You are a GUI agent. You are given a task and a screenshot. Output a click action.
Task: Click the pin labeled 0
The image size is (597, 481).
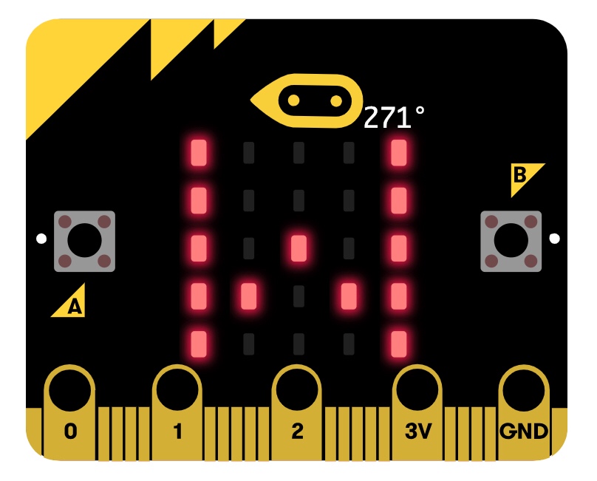(x=70, y=414)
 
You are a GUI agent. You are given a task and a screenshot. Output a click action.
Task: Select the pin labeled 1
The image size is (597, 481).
(x=177, y=414)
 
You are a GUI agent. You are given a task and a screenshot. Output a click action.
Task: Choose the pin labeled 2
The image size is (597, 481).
(x=297, y=414)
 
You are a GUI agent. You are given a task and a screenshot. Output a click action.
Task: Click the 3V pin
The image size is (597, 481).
(x=417, y=414)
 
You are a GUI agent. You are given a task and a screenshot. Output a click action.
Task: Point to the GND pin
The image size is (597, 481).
(x=524, y=414)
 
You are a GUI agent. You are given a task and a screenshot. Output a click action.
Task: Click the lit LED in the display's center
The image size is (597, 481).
(x=298, y=248)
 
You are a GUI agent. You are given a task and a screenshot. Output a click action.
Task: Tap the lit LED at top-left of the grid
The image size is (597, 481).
(x=198, y=153)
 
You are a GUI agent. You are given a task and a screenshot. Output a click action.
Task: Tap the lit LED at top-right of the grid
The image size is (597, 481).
(x=399, y=153)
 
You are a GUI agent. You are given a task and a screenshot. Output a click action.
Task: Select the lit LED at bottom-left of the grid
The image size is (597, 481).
(x=198, y=343)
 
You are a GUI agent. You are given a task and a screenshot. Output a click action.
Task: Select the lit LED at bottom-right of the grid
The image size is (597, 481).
(x=399, y=343)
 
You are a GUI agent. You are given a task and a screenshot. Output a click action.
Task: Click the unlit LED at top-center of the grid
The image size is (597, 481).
(x=298, y=153)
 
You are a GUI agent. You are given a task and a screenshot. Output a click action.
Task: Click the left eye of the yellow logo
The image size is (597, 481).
(x=293, y=98)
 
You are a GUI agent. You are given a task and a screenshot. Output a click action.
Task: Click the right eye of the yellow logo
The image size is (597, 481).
(x=336, y=98)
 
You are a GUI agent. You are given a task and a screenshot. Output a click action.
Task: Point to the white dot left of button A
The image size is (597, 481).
(x=41, y=239)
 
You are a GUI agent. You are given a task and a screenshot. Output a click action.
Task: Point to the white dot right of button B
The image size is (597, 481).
(x=555, y=239)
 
